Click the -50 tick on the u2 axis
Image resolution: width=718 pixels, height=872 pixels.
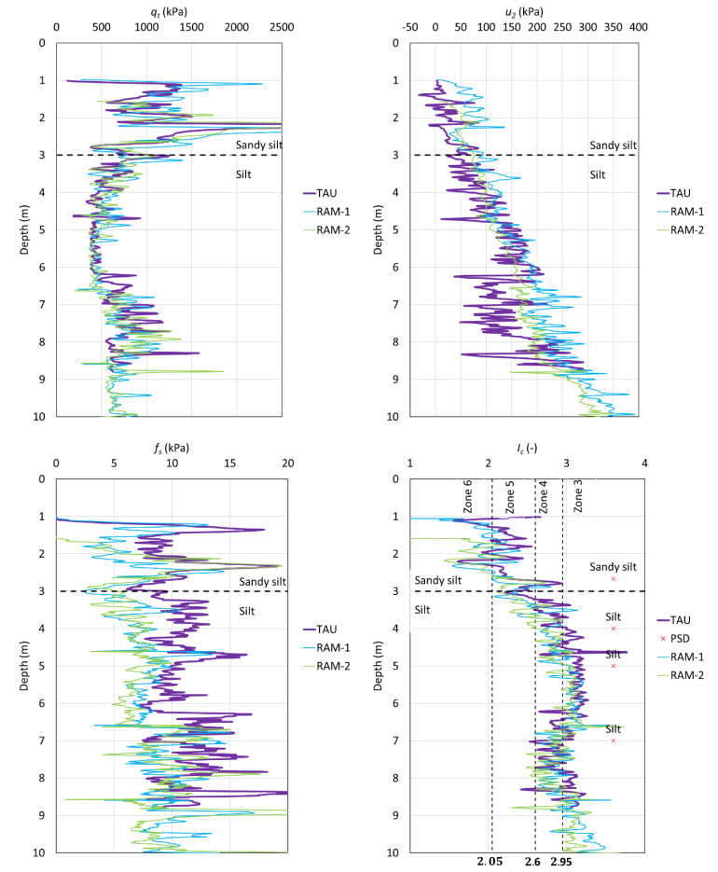[409, 28]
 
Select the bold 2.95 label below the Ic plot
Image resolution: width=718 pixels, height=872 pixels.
[562, 863]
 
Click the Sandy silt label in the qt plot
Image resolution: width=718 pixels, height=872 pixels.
[260, 145]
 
